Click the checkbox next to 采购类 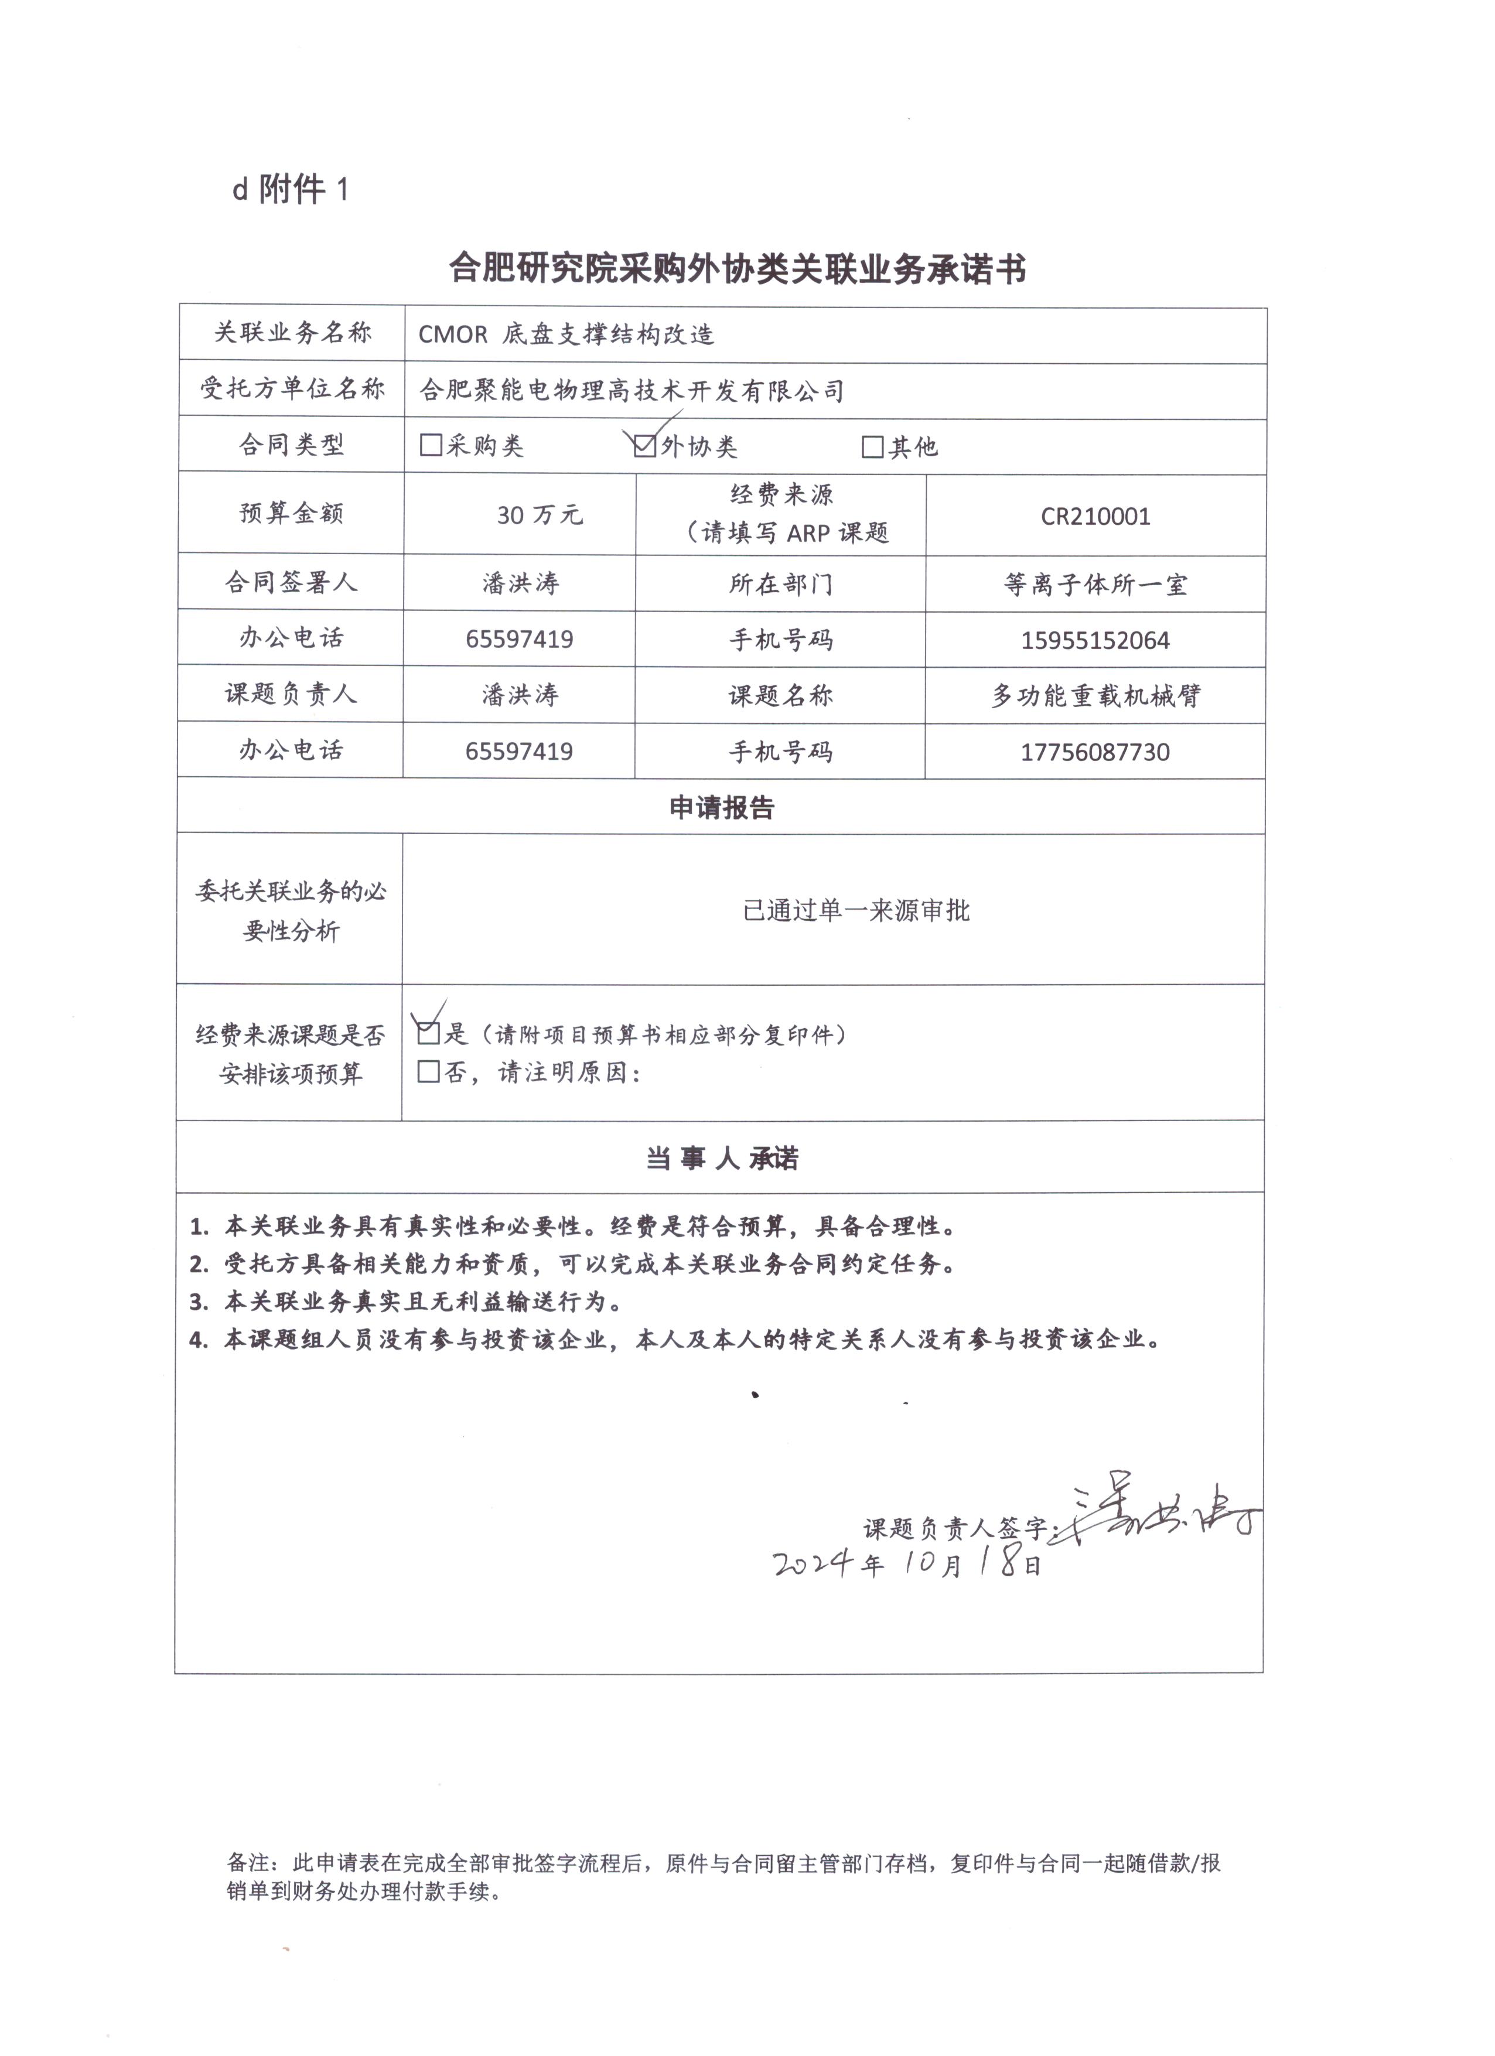pos(431,445)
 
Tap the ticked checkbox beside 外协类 pos(644,446)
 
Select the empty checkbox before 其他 pos(872,447)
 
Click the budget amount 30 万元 pos(540,515)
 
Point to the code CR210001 pos(1095,517)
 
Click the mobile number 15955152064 pos(1095,640)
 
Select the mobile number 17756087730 pos(1095,752)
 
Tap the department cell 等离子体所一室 pos(1095,585)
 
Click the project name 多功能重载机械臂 pos(1095,695)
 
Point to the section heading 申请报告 pos(722,807)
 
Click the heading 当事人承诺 pos(722,1159)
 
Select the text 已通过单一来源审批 pos(856,910)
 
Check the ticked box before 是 pos(428,1033)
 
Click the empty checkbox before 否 pos(428,1073)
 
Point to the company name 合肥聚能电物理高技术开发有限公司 pos(632,391)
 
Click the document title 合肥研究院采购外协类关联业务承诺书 pos(737,269)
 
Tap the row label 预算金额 pos(291,513)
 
